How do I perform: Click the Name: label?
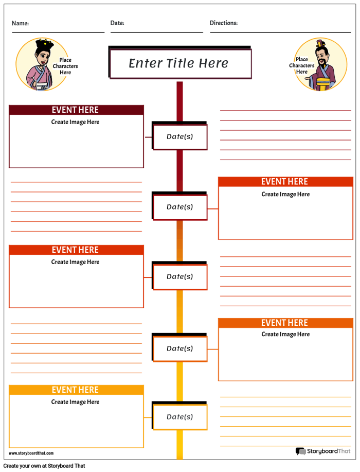(x=20, y=23)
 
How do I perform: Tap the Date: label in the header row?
(x=117, y=23)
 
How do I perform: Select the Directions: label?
(x=223, y=23)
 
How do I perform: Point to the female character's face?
(x=44, y=54)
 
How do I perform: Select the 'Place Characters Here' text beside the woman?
(x=65, y=66)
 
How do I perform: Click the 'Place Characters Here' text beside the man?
(x=302, y=65)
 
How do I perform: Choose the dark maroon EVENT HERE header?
(x=76, y=110)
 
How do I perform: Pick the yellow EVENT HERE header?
(x=76, y=390)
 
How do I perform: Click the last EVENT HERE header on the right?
(x=285, y=323)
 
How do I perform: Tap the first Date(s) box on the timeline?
(x=180, y=137)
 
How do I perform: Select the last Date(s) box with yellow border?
(x=180, y=417)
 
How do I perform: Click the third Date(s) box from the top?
(x=180, y=277)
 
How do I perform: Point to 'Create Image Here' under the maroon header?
(x=76, y=123)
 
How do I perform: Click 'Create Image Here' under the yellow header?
(x=76, y=403)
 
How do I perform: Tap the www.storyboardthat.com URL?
(x=31, y=453)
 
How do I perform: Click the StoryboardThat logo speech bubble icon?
(x=300, y=451)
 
